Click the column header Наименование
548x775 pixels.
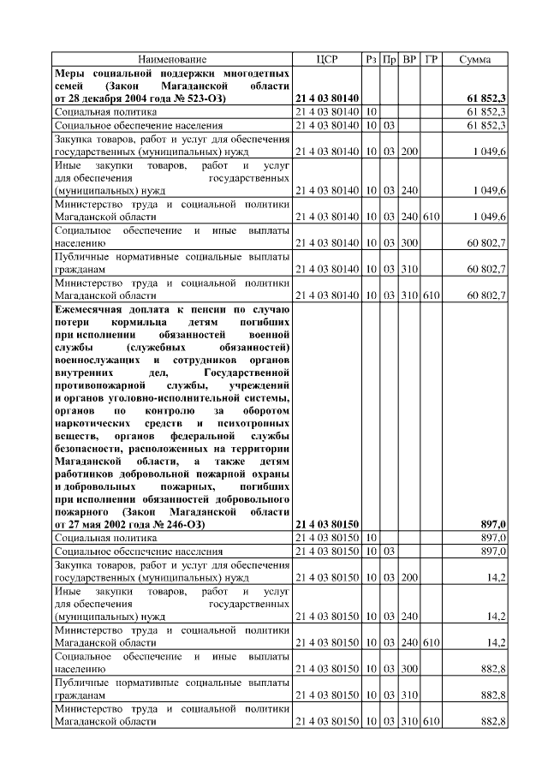pos(172,59)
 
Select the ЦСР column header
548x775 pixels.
pos(327,59)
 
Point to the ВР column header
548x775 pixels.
pos(409,59)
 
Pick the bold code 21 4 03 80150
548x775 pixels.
pos(327,523)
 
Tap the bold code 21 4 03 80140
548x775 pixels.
pos(327,98)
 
